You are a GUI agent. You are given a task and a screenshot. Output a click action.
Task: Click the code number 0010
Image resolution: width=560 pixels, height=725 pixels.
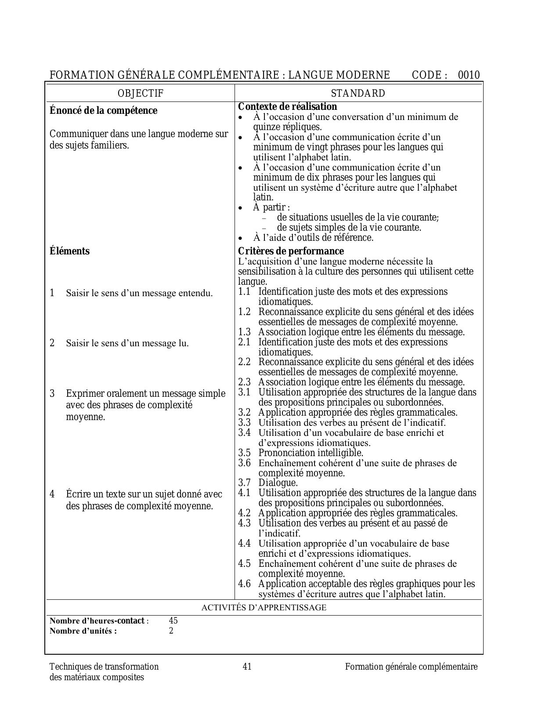pos(469,75)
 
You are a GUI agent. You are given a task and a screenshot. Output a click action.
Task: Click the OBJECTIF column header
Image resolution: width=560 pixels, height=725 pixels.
pos(141,93)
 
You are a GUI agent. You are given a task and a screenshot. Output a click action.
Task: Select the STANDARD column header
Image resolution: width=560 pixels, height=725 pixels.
pos(358,93)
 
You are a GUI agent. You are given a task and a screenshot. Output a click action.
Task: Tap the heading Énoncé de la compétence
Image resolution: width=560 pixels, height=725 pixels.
pos(103,110)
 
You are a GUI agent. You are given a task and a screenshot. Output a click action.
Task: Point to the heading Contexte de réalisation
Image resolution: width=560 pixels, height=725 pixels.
pos(287,107)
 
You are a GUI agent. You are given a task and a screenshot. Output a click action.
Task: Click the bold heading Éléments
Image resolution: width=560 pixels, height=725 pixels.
pos(69,251)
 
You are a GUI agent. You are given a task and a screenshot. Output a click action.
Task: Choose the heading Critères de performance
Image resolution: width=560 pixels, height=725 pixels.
pos(291,251)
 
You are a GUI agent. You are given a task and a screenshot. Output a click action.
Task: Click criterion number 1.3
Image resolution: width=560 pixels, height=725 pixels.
pos(244,332)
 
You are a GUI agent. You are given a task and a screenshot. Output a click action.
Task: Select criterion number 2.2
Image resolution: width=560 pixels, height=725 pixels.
pos(244,362)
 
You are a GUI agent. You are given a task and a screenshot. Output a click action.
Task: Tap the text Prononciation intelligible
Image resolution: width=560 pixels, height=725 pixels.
pos(311,453)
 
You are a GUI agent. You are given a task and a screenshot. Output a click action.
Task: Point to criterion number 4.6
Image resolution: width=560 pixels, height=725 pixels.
pos(244,584)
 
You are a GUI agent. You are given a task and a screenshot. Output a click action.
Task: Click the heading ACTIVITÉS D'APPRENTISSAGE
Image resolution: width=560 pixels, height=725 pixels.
pos(264,608)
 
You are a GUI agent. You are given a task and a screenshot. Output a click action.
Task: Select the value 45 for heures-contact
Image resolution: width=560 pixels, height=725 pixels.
pos(173,621)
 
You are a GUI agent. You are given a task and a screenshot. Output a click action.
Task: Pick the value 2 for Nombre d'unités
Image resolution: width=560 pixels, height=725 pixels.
pos(171,631)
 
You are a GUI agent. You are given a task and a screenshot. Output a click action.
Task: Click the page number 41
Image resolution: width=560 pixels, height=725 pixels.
pos(247,667)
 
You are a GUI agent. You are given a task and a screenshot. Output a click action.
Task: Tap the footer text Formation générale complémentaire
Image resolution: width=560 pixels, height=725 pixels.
pos(411,667)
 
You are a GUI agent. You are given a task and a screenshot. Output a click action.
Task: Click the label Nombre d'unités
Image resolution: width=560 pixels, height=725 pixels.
pos(83,631)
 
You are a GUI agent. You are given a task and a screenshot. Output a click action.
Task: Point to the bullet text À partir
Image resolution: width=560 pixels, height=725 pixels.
pos(271,207)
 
